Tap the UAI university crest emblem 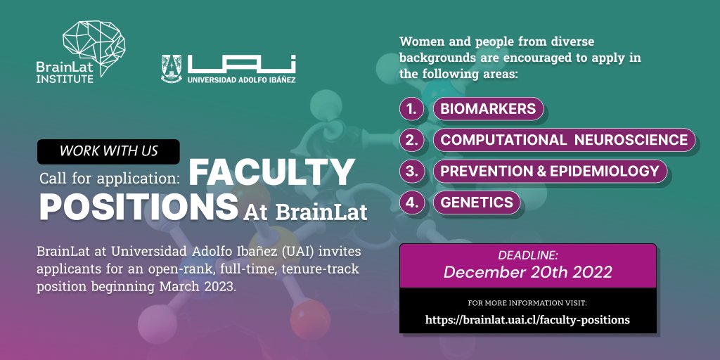172,69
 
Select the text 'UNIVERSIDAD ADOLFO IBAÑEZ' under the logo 241,80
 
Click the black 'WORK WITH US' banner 108,151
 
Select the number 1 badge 412,109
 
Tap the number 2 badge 412,140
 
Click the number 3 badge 412,171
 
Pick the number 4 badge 412,202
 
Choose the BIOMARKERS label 488,109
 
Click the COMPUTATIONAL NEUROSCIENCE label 564,140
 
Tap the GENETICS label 477,202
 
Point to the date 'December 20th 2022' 527,273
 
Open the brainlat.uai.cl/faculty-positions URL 527,320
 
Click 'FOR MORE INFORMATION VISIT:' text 527,303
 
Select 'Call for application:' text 110,176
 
